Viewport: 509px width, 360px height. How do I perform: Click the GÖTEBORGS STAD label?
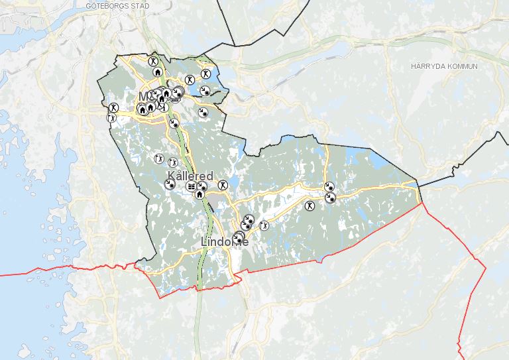tap(117, 5)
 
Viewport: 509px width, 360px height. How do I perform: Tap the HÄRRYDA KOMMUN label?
tap(443, 66)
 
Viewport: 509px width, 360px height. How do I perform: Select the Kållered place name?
tap(191, 176)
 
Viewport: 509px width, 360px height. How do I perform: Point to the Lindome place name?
tap(225, 242)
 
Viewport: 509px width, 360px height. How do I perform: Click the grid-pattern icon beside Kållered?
tap(192, 188)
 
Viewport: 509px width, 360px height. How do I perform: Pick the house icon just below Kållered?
tap(199, 194)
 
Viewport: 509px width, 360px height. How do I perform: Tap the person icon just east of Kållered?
tap(223, 185)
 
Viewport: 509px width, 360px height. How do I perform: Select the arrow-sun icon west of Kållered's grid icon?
tap(170, 185)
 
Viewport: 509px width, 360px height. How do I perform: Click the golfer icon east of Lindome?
tap(264, 226)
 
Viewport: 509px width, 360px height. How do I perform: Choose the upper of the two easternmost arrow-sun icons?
tap(329, 188)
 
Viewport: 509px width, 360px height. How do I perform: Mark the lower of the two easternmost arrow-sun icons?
tap(330, 197)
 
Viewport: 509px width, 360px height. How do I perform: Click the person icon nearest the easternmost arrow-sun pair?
tap(309, 206)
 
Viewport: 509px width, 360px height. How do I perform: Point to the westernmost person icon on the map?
tap(114, 106)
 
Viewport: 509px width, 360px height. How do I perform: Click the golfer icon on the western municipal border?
tap(111, 117)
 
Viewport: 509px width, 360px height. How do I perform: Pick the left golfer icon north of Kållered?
tap(158, 159)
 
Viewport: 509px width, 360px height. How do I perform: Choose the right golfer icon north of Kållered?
tap(173, 162)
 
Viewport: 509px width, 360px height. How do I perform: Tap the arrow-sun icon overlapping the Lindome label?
tap(239, 235)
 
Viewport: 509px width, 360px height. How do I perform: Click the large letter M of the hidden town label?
tap(144, 97)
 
